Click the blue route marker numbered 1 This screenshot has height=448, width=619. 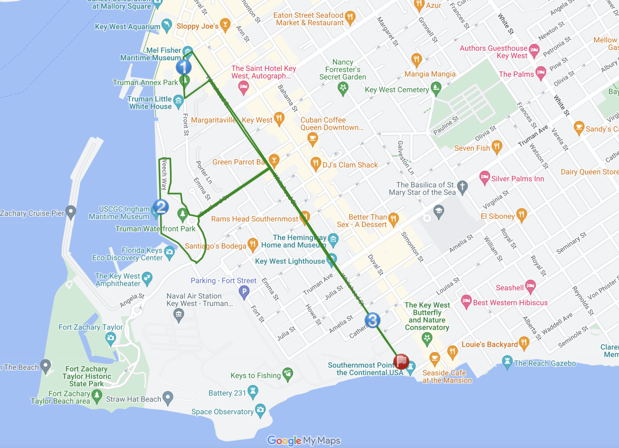(183, 67)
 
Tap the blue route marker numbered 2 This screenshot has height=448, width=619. (161, 207)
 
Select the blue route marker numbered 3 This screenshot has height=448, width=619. (372, 320)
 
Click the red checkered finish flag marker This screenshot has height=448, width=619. (401, 361)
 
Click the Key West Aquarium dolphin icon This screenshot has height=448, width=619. (167, 25)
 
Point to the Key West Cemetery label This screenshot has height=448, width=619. (397, 90)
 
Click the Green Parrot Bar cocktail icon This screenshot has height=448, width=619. (274, 160)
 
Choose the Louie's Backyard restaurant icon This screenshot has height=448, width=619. (524, 343)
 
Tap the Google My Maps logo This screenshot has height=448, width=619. (304, 440)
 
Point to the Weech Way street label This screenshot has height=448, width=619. (164, 174)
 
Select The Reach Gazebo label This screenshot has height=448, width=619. (545, 363)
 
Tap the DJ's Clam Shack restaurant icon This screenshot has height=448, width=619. (316, 163)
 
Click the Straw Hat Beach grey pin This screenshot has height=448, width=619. (168, 397)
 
